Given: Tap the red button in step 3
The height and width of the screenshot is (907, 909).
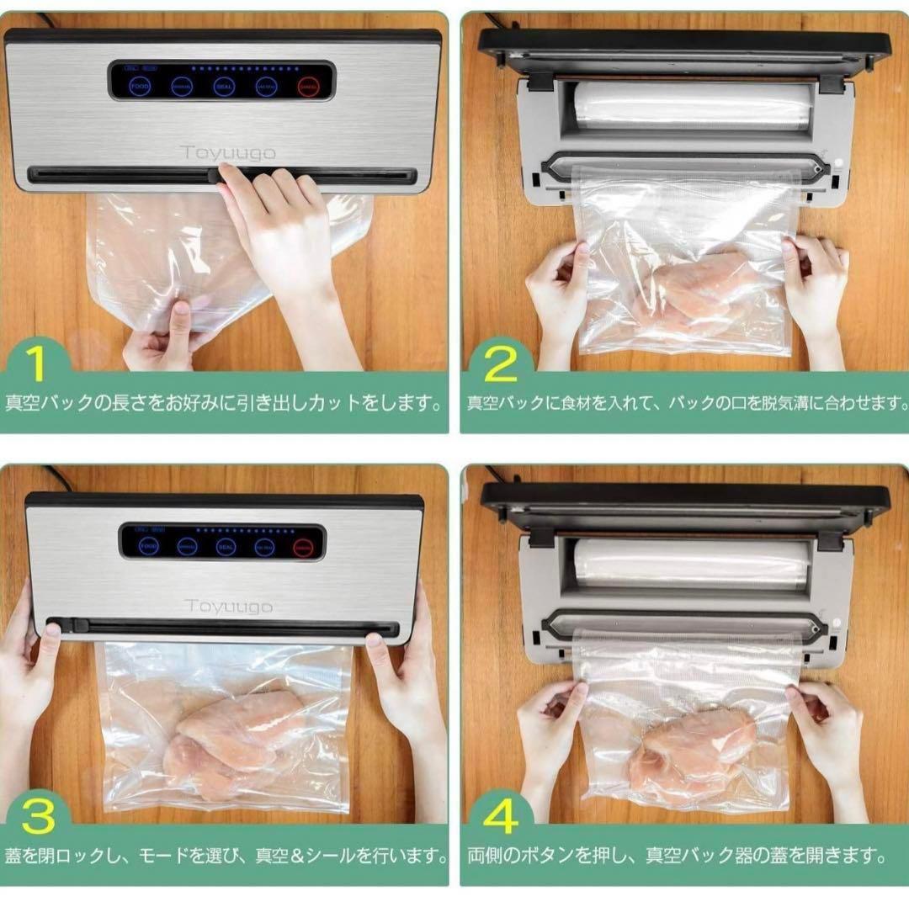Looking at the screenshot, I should (x=303, y=546).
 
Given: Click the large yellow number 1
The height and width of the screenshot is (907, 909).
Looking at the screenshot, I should (x=35, y=363).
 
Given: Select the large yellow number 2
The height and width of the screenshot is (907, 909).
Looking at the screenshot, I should (x=502, y=365).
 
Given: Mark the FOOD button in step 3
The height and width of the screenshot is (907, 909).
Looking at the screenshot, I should (x=149, y=546).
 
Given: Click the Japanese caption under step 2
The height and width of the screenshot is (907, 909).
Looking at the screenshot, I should (x=684, y=403).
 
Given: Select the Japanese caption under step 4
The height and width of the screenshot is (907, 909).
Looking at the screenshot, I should (x=678, y=857).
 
